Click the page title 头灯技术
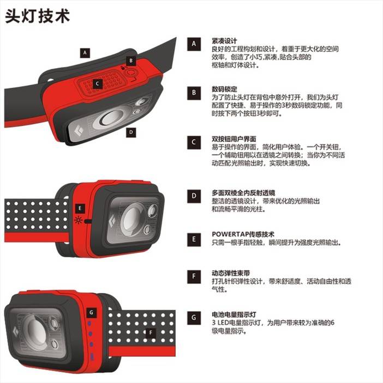click(38, 16)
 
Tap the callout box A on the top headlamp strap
click(85, 53)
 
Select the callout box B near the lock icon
click(131, 60)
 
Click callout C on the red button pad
click(97, 84)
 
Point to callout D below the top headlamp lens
click(131, 132)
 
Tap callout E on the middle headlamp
click(80, 209)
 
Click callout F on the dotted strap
click(151, 332)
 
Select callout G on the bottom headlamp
click(92, 312)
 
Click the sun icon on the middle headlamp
click(78, 220)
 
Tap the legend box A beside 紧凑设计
click(194, 44)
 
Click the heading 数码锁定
click(224, 89)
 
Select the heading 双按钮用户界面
click(234, 139)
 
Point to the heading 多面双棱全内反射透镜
click(243, 193)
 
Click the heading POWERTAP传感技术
click(243, 234)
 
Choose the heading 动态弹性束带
click(231, 273)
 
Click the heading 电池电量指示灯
click(234, 314)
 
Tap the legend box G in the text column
click(194, 318)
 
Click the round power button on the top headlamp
click(131, 73)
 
